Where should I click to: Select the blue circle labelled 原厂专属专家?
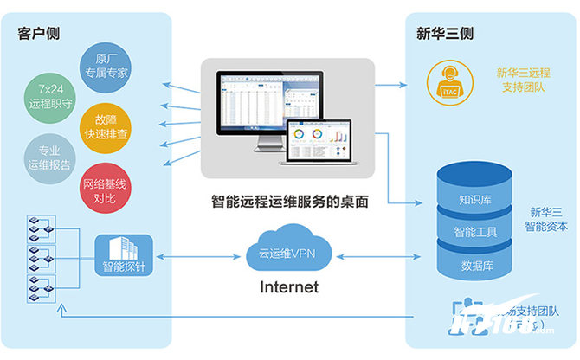(x=105, y=67)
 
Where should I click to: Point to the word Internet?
(x=289, y=286)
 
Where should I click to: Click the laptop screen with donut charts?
(x=323, y=141)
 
